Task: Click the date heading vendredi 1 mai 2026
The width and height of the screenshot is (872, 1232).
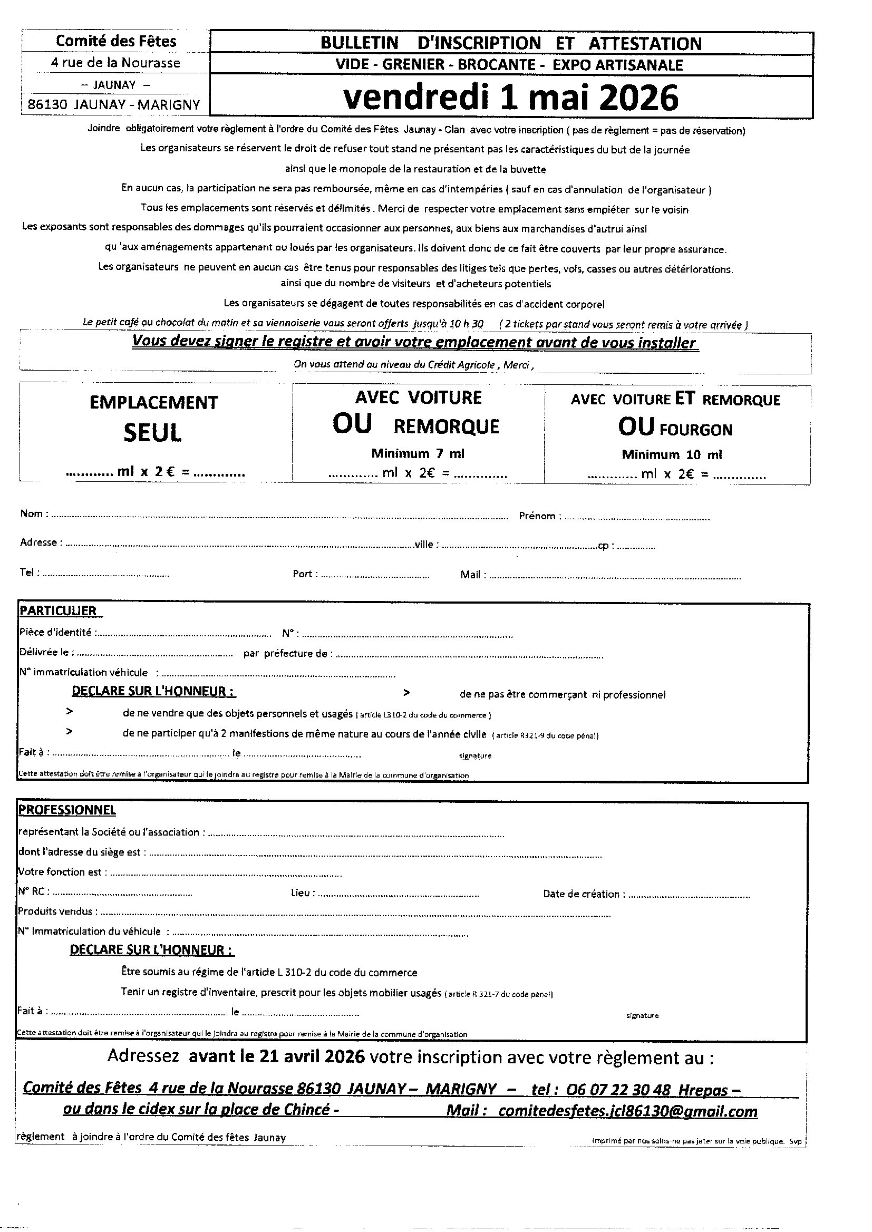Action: (511, 98)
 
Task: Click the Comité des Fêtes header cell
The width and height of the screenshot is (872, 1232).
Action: (116, 41)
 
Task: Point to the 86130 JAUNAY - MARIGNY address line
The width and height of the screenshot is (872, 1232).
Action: (114, 105)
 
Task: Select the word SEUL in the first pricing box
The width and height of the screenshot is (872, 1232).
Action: (153, 433)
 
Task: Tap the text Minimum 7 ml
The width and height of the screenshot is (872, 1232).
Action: (418, 453)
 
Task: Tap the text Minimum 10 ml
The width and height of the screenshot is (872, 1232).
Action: (672, 455)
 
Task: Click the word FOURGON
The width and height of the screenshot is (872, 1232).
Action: (695, 430)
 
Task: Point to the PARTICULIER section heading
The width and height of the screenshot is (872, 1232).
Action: (58, 611)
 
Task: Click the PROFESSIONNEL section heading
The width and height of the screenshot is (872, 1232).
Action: (67, 810)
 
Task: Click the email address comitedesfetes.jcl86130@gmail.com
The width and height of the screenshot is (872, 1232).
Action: (628, 1111)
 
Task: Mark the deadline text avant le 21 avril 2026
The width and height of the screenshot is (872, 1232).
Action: (277, 1056)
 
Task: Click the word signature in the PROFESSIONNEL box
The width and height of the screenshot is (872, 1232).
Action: (642, 1016)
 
